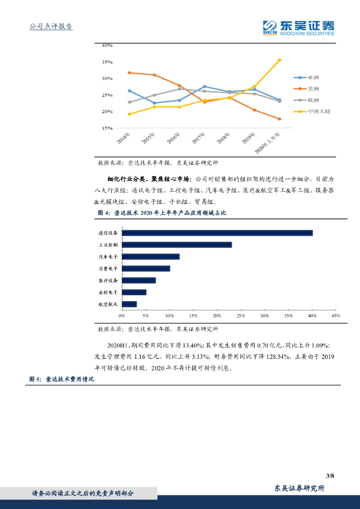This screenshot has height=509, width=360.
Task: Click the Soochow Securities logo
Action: point(298,27)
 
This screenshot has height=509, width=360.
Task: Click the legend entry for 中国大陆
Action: point(319,111)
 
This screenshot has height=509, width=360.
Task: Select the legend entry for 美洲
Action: point(313,89)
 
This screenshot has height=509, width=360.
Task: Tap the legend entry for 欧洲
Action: point(313,100)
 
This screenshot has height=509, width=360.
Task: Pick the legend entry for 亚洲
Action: point(313,78)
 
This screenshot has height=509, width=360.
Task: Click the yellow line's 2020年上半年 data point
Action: point(279,60)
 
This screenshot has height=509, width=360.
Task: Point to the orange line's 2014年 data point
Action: point(129,73)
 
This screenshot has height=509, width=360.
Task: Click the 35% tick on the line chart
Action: point(107,62)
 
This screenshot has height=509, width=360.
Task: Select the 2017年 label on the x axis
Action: point(199,138)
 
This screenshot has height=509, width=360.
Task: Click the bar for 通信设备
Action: point(217,233)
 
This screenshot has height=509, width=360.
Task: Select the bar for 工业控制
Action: point(177,245)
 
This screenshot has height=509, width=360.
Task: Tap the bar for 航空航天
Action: point(129,304)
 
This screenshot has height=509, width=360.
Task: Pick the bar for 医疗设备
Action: point(138,280)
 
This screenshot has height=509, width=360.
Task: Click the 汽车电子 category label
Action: point(108,257)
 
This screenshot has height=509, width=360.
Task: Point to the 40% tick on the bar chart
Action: point(312,316)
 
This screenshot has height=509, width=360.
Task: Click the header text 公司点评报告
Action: point(51,26)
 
